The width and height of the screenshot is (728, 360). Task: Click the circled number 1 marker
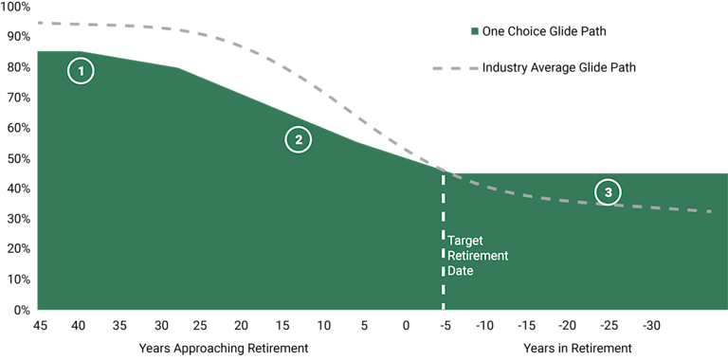(82, 71)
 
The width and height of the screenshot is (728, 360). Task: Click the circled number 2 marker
(298, 139)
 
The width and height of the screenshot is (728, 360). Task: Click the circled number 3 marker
(608, 192)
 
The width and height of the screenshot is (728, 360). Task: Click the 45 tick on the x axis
(41, 327)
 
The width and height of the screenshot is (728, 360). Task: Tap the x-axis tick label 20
(242, 327)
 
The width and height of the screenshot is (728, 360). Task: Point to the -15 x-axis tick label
(527, 327)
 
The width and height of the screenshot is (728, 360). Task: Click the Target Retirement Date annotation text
(478, 256)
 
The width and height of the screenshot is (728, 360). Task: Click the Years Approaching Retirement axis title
(223, 349)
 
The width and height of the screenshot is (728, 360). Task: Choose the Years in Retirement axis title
(576, 349)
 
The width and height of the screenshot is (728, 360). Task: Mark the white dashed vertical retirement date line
(443, 246)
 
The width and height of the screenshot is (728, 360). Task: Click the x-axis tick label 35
(119, 327)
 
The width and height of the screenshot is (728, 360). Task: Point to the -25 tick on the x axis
(609, 327)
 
